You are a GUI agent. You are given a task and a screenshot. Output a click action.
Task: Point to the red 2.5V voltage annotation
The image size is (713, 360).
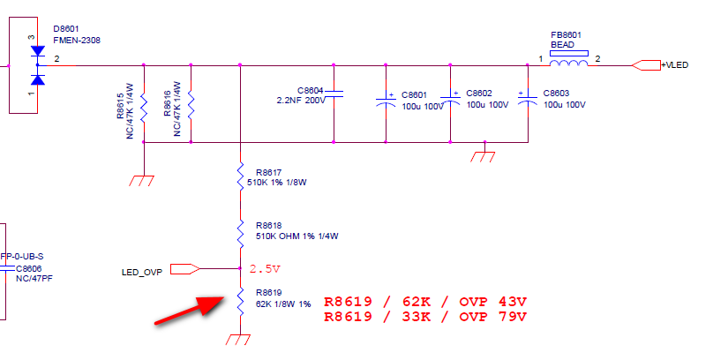pyautogui.click(x=264, y=268)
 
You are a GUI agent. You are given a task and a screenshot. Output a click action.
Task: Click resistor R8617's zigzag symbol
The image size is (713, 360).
pyautogui.click(x=240, y=175)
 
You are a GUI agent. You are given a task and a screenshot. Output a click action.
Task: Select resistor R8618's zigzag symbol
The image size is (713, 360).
pyautogui.click(x=240, y=231)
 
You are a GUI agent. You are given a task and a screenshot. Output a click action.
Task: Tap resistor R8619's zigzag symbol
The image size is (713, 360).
pyautogui.click(x=240, y=300)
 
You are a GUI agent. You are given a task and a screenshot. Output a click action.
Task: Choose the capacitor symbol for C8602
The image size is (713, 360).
pyautogui.click(x=451, y=100)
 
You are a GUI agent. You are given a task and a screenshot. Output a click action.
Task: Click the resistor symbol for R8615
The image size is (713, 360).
pyautogui.click(x=143, y=109)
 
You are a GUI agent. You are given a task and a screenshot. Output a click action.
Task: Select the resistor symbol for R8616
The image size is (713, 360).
pyautogui.click(x=191, y=109)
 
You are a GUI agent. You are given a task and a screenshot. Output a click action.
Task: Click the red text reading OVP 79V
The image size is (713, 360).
pyautogui.click(x=493, y=316)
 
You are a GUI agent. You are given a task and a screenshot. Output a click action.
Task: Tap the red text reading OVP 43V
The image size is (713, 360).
pyautogui.click(x=493, y=300)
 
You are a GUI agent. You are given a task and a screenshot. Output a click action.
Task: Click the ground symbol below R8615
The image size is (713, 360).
pyautogui.click(x=143, y=178)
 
